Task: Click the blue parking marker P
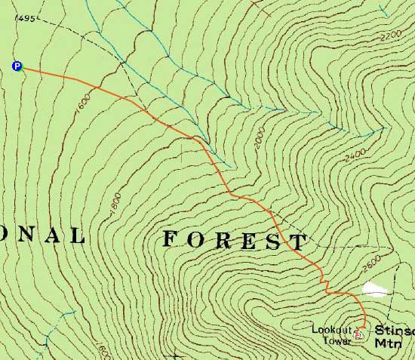(17, 66)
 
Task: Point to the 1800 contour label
(115, 205)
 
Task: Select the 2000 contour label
(260, 140)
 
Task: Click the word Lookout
(328, 329)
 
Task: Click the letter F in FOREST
(171, 239)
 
